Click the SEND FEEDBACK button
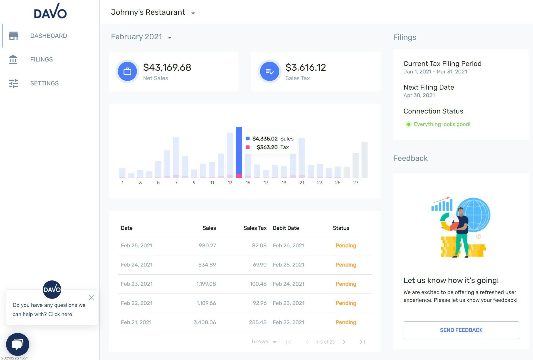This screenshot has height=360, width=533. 461,330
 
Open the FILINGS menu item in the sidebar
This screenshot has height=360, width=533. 41,59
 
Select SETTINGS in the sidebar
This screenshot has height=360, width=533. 44,83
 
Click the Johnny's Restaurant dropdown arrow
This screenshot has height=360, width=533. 193,13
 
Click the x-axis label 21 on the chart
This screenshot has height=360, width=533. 302,183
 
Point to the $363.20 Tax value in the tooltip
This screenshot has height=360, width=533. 267,147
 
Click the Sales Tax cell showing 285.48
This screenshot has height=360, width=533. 258,322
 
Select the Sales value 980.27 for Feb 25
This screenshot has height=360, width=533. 207,245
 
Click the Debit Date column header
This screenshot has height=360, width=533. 286,228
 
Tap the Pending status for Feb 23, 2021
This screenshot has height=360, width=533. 346,284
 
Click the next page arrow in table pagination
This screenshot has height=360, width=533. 344,342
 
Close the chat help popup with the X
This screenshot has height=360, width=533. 91,297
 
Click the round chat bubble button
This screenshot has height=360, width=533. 18,344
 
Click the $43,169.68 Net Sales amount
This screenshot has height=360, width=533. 167,67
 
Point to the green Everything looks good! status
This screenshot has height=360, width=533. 442,124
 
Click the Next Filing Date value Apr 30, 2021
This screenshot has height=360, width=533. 419,95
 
